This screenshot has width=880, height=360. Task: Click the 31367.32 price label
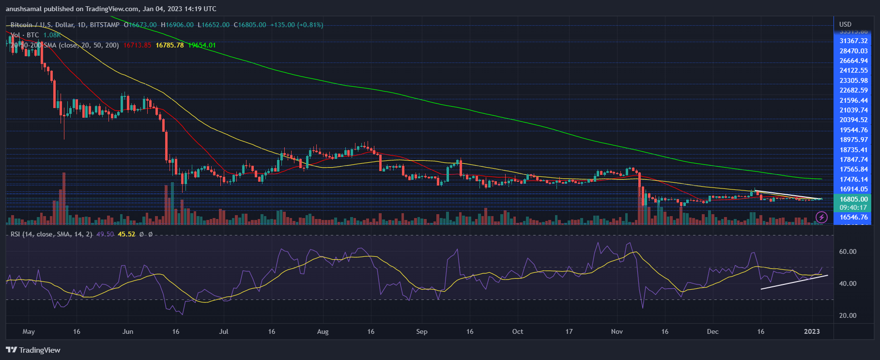click(x=853, y=41)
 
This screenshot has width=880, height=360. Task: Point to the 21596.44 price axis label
click(x=853, y=100)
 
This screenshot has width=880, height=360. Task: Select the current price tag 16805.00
click(x=853, y=199)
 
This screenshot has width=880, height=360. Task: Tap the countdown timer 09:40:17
click(x=853, y=207)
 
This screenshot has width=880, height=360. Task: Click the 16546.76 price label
click(x=853, y=218)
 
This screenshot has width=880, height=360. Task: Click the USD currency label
click(x=845, y=24)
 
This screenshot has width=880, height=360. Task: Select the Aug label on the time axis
click(x=323, y=332)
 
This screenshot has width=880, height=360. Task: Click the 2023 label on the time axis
click(x=812, y=332)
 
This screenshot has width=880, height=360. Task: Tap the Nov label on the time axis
click(x=617, y=332)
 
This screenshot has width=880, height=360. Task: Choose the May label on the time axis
click(x=29, y=332)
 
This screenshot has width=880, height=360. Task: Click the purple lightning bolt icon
click(x=821, y=217)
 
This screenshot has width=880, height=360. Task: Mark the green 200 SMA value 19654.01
click(x=202, y=45)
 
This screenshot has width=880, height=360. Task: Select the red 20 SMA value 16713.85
click(x=138, y=45)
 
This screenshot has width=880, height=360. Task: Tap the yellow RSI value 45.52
click(x=126, y=234)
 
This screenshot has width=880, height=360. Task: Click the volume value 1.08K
click(x=52, y=35)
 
